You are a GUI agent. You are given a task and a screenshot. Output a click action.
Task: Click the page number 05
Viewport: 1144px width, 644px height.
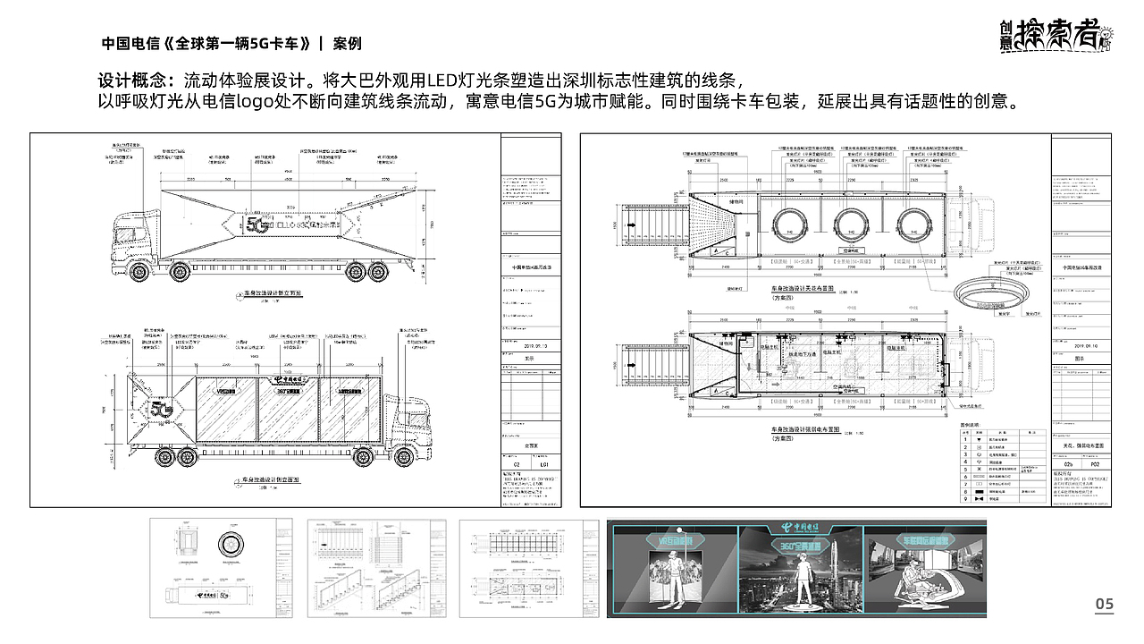1105,606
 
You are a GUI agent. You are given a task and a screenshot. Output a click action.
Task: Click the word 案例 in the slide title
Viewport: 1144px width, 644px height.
347,43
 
